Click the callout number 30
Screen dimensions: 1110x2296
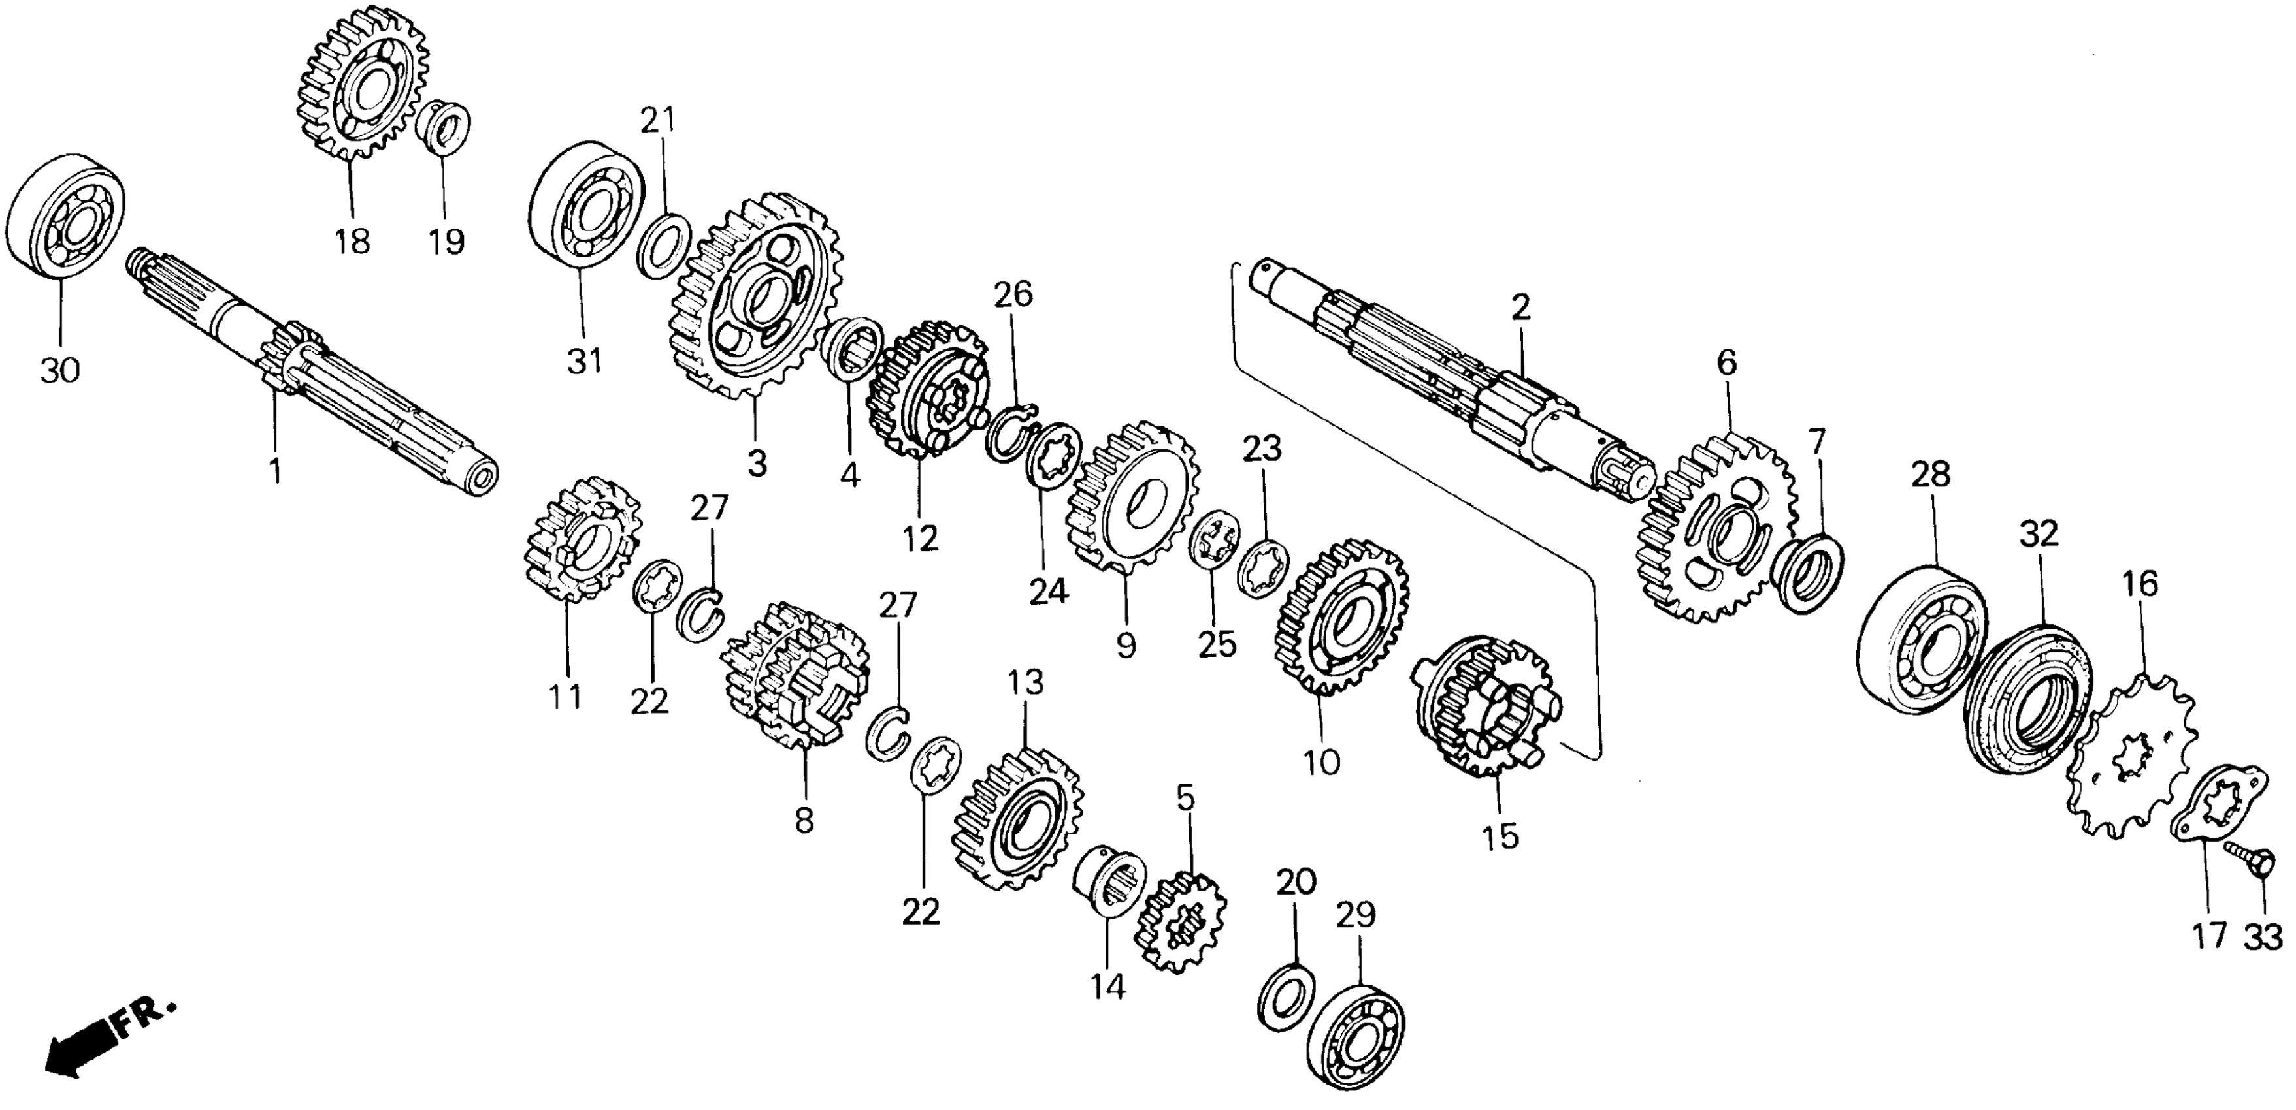point(59,369)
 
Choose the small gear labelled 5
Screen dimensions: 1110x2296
point(1180,922)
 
